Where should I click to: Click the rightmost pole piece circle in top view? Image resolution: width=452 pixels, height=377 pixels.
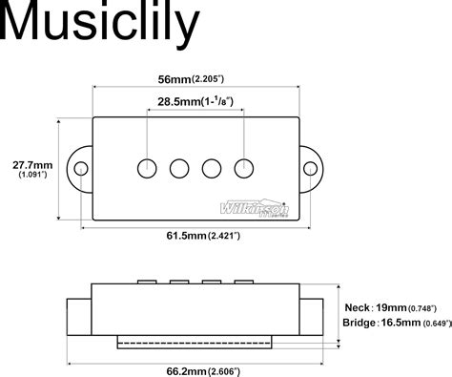tap(246, 167)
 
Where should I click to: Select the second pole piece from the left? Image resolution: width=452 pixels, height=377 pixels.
tap(179, 168)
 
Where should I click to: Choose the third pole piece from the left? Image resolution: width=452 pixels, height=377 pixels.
tap(213, 168)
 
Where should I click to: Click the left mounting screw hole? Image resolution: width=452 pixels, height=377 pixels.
tap(82, 169)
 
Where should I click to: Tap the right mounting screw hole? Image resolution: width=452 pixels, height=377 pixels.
tap(311, 169)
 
